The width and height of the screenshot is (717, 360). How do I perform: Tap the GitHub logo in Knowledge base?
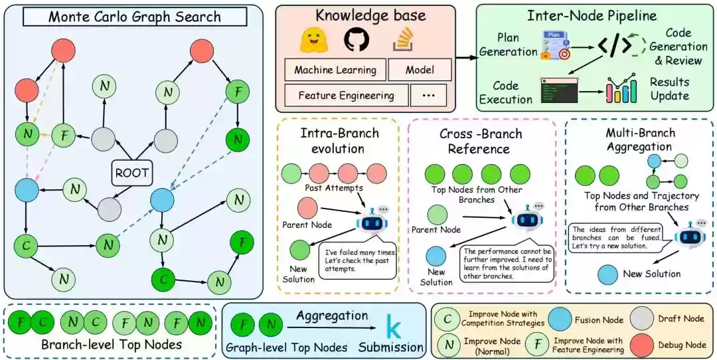[355, 41]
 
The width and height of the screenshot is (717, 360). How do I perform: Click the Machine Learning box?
[335, 70]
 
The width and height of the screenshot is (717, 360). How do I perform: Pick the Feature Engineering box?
[346, 95]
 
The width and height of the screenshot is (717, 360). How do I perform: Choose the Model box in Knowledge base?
[420, 70]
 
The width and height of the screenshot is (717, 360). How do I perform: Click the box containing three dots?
[428, 95]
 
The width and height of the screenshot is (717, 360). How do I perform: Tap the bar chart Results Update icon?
[621, 91]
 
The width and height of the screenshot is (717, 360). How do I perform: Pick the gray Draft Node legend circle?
[642, 319]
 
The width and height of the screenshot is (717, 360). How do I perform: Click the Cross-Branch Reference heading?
[481, 141]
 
